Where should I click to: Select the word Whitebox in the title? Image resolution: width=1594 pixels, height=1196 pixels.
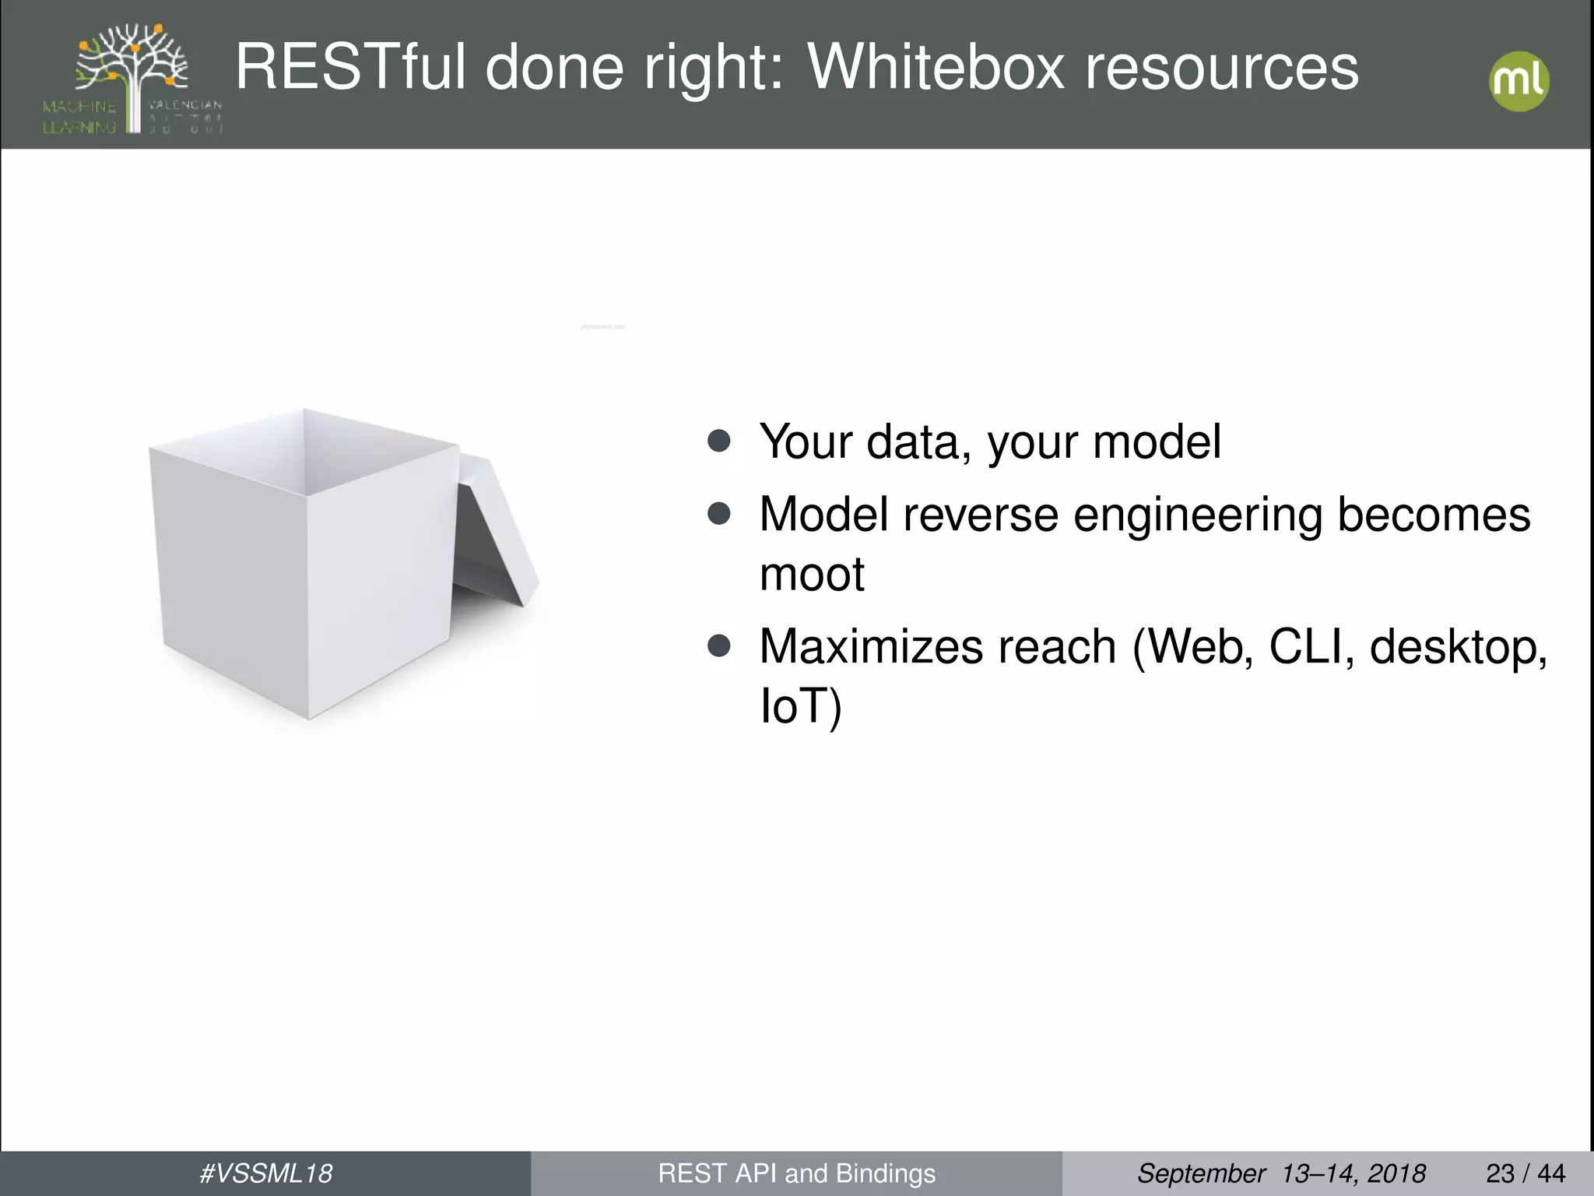936,69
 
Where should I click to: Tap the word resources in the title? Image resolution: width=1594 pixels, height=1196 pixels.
1222,69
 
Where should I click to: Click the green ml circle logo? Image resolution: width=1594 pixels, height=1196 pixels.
1519,81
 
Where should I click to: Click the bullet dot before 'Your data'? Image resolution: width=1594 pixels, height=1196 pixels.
719,441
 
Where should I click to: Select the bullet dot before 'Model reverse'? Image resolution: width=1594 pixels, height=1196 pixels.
719,513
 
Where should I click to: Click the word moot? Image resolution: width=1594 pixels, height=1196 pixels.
812,575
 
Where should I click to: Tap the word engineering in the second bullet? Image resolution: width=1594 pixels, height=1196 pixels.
1197,515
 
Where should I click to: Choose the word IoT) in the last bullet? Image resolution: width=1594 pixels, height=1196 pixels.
800,706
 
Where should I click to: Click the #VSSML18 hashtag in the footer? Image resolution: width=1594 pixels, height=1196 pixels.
266,1173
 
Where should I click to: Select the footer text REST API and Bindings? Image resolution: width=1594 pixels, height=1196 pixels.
796,1173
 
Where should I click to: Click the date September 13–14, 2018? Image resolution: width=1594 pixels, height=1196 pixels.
1281,1173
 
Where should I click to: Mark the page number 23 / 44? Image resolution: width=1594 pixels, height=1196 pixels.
1526,1173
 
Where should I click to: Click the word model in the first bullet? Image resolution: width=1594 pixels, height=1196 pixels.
1157,442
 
